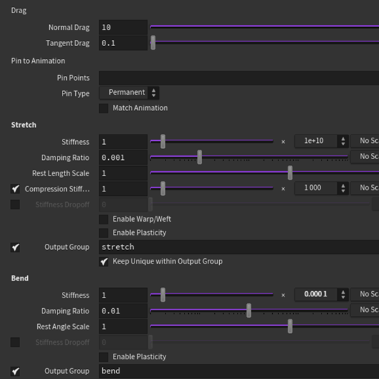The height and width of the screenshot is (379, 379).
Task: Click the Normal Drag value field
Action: [x=123, y=28]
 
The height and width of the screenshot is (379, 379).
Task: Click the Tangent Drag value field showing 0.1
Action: [x=123, y=44]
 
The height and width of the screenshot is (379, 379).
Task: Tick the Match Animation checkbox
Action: [x=104, y=108]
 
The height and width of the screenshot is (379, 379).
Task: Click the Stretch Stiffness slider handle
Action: [x=162, y=141]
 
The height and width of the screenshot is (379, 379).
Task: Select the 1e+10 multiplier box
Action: [x=315, y=141]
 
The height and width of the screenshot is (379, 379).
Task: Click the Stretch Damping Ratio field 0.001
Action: [x=123, y=158]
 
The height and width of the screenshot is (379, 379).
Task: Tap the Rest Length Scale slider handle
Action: [x=290, y=173]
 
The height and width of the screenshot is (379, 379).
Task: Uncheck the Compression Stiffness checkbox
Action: [x=15, y=189]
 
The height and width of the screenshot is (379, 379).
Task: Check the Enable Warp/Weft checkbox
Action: [x=104, y=219]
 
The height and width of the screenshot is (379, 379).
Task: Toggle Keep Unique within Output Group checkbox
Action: [x=104, y=262]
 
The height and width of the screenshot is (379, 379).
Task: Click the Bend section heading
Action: [x=20, y=278]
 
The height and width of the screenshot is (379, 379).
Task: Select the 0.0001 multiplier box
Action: [x=315, y=294]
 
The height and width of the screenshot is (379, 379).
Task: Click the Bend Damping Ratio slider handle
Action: [x=249, y=311]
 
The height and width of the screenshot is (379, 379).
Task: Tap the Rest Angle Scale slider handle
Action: [x=290, y=327]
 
